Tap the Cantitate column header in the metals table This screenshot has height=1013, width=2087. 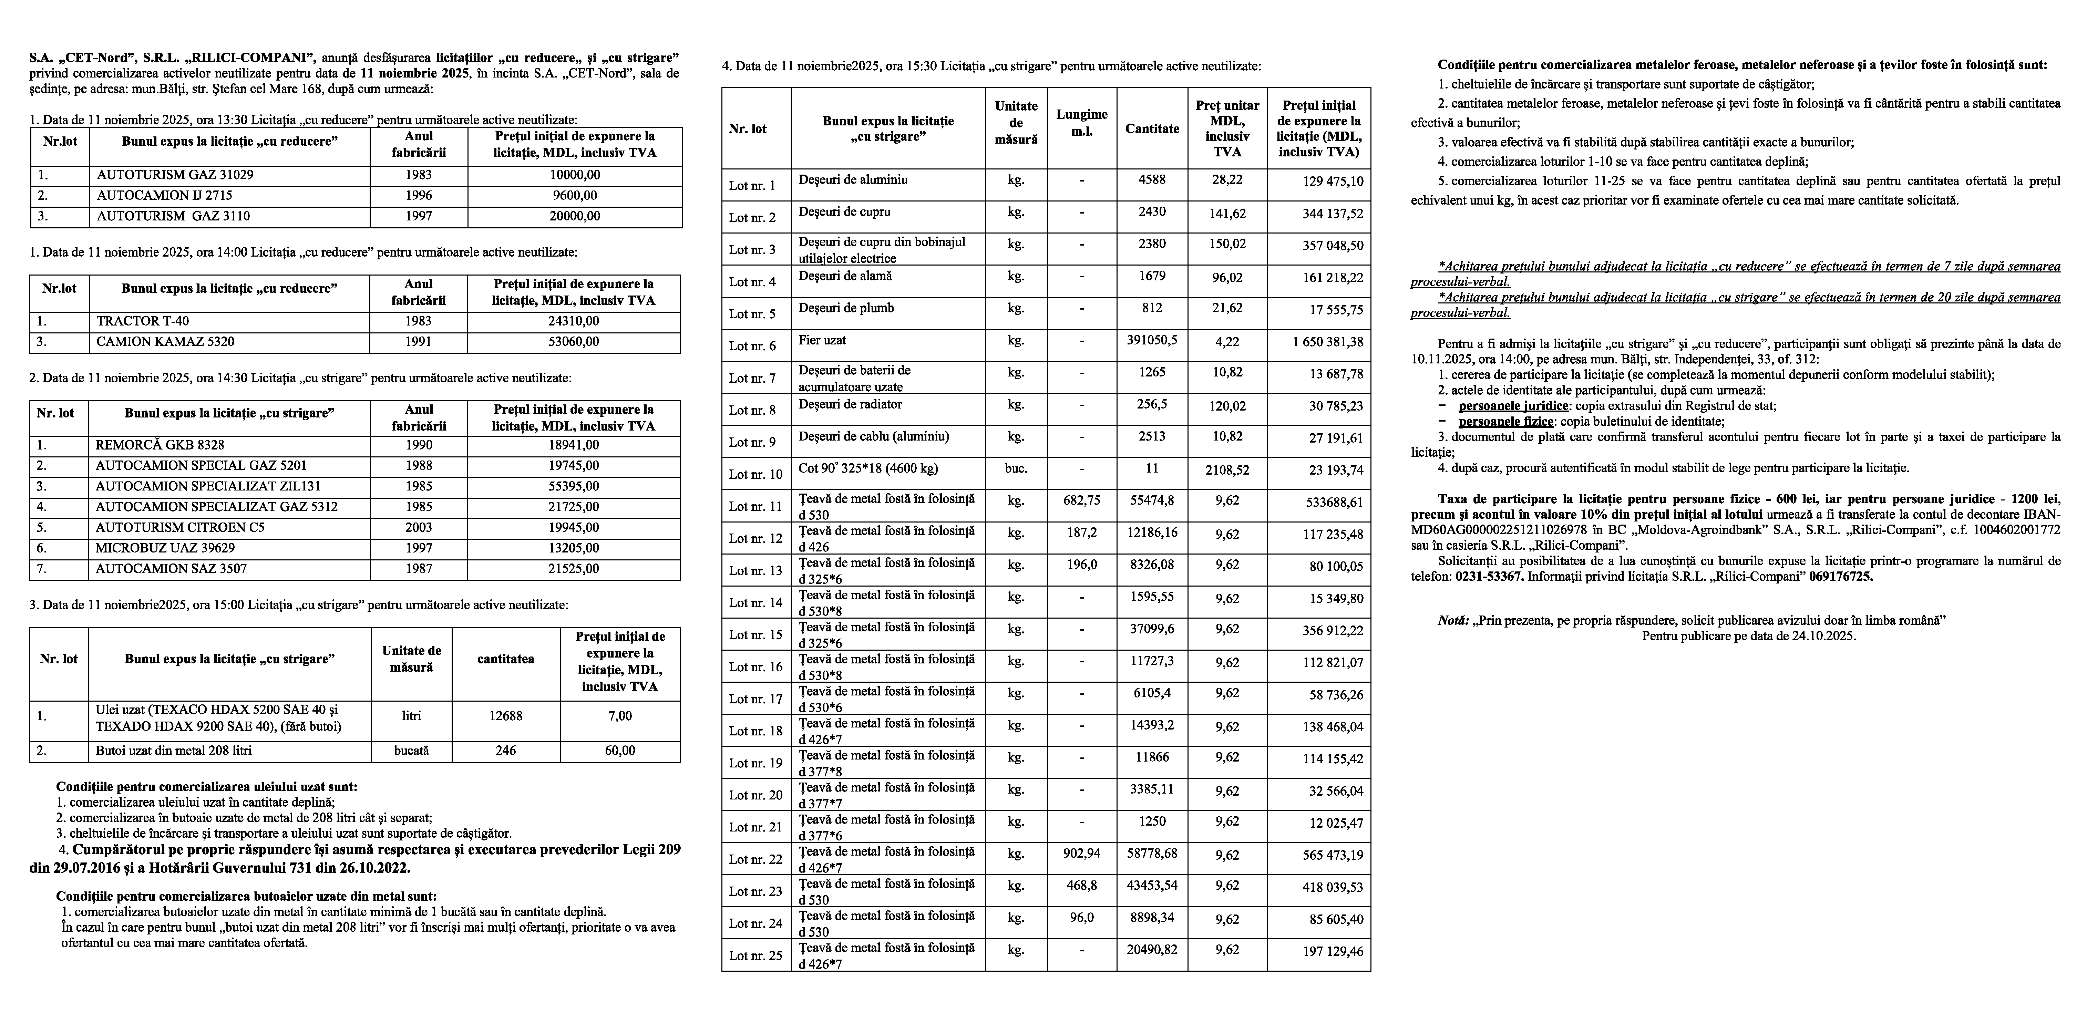click(1152, 129)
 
